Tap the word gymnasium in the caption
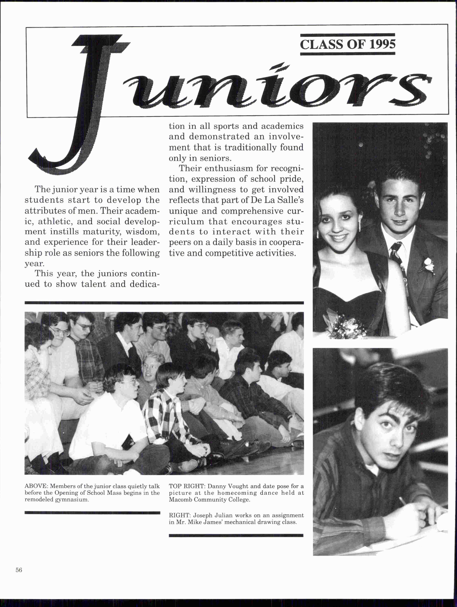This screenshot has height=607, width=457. (72, 499)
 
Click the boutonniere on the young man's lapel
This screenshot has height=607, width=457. (428, 265)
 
